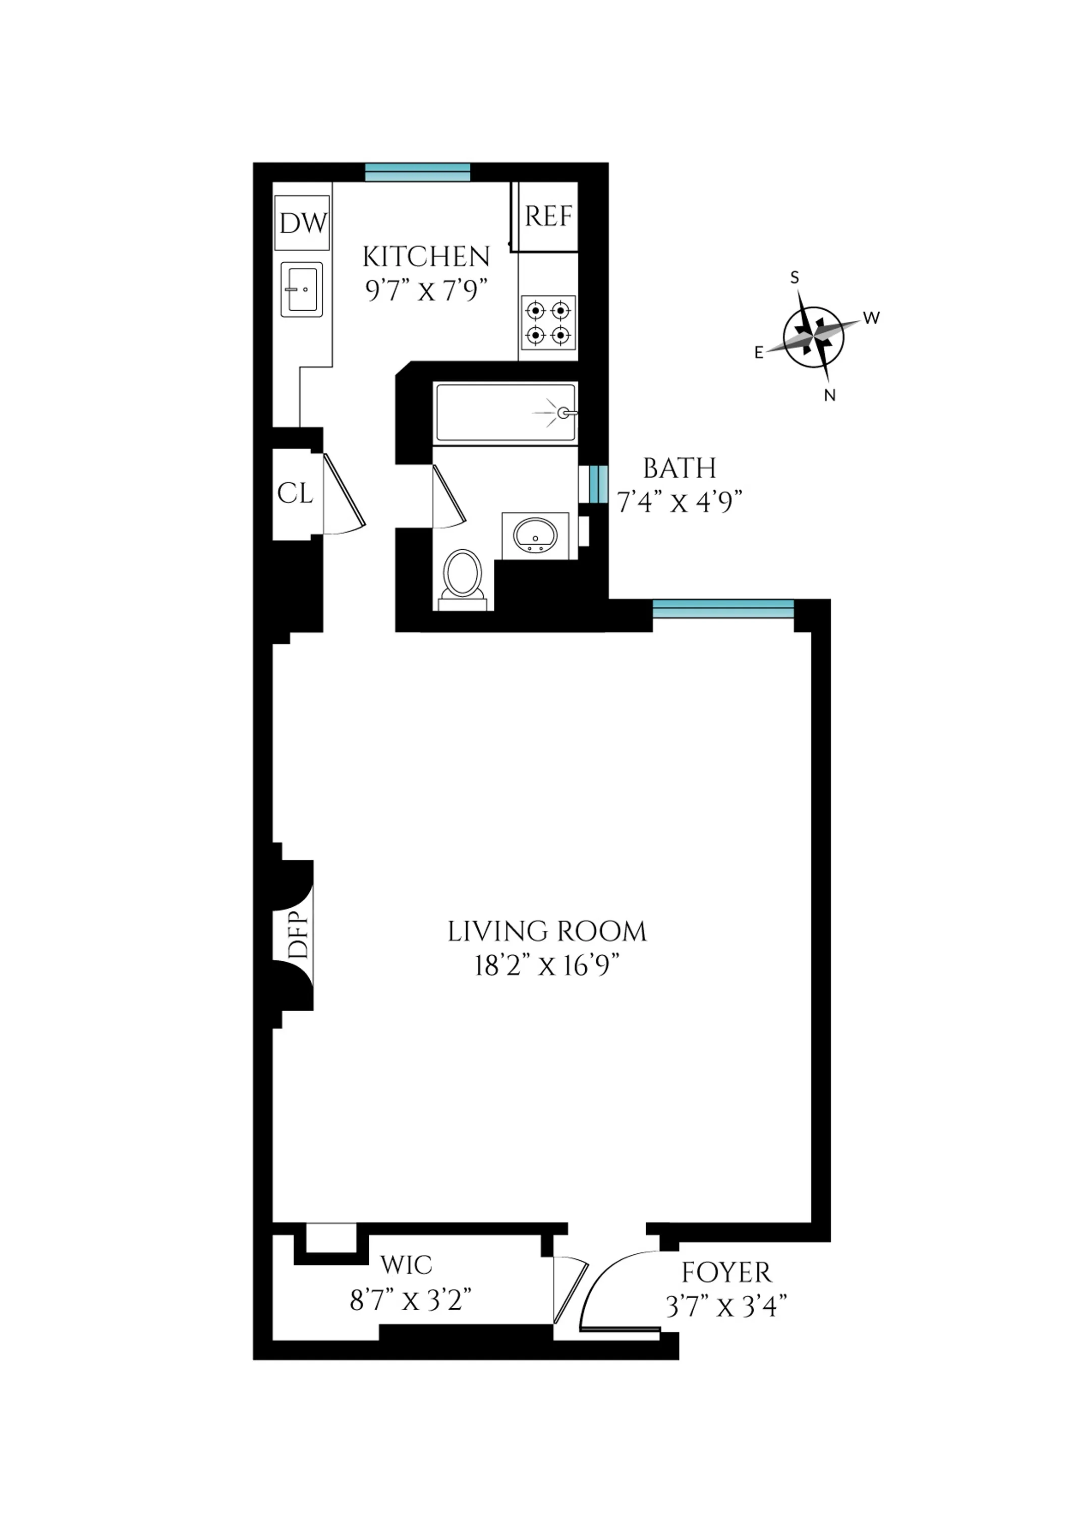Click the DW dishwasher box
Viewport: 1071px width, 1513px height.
coord(302,223)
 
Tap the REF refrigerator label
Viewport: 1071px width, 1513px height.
coord(548,216)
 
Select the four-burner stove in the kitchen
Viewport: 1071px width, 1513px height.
coord(548,322)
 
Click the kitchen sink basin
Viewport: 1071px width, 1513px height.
coord(301,289)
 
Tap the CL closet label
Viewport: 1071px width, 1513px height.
coord(295,493)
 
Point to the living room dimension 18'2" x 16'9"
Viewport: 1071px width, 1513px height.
coord(547,966)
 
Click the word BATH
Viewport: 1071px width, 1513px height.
coord(679,469)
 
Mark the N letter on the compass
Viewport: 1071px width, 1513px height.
coord(830,395)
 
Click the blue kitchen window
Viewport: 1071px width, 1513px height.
coord(417,172)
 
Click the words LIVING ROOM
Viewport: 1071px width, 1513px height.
coord(547,932)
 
